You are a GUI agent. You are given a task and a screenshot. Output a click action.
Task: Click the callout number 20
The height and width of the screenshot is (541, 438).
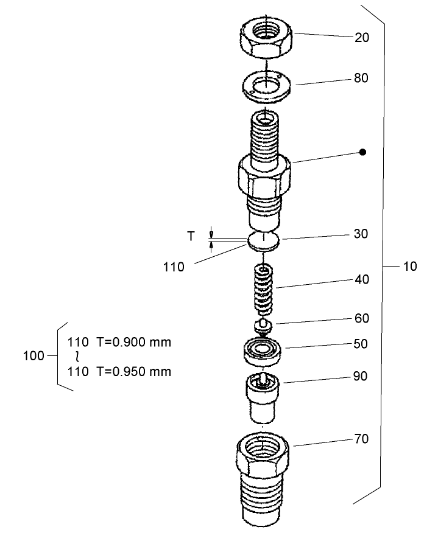coord(362,38)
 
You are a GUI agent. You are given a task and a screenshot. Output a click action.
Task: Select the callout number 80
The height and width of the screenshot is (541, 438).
coord(362,79)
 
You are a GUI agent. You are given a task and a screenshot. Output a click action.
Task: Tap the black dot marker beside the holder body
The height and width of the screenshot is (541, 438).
coord(362,152)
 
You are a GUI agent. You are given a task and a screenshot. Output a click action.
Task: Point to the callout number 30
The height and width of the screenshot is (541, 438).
coord(362,234)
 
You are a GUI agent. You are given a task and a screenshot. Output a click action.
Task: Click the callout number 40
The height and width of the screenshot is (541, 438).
coord(362,280)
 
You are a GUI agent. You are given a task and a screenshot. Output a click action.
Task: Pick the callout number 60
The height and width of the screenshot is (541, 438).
coord(362,318)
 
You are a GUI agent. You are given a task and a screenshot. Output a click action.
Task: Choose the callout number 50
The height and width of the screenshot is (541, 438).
coord(362,344)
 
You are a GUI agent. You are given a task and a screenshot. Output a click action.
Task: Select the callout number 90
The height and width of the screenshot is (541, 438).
coord(362,376)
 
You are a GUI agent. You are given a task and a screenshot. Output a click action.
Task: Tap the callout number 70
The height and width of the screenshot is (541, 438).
coord(362,439)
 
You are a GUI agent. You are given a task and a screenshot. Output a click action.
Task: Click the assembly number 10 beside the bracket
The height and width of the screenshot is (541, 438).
coord(410,267)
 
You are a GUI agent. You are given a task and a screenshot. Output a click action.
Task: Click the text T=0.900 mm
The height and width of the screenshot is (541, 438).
coord(133,341)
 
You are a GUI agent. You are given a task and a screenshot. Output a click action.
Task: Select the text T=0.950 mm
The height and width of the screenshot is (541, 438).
coord(133,371)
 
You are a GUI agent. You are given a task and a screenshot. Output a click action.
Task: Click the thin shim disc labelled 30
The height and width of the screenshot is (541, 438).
coord(264,240)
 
